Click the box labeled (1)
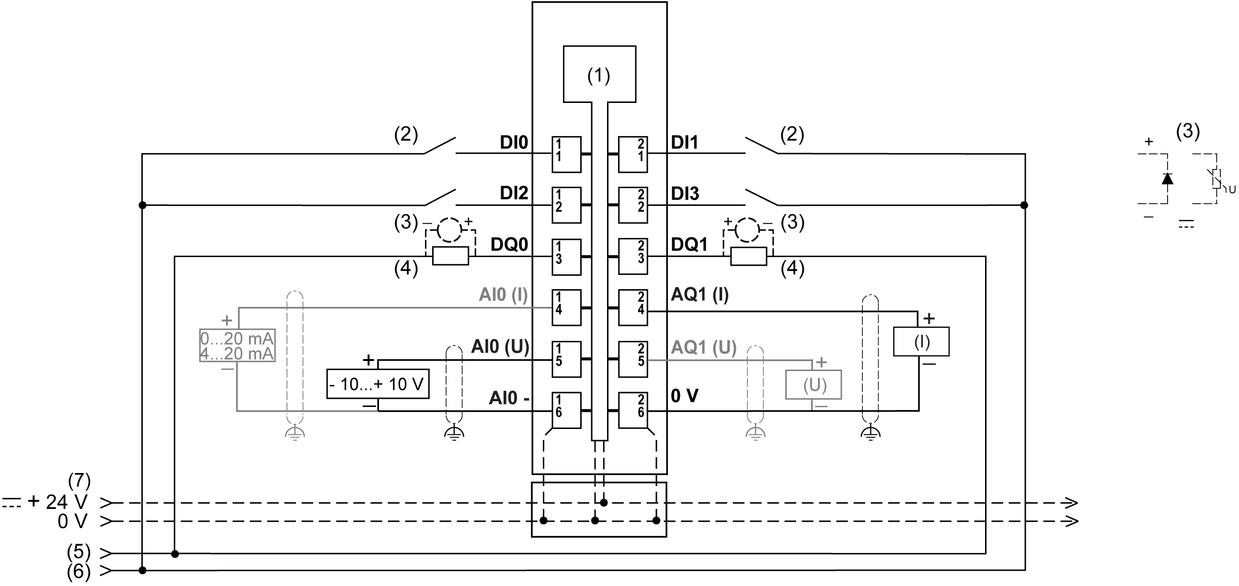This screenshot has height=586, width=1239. [x=599, y=75]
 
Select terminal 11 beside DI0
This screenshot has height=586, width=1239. [x=566, y=154]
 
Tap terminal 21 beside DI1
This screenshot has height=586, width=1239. [x=633, y=154]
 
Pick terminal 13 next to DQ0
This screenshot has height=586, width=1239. [x=566, y=257]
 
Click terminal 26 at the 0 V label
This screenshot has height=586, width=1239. [x=633, y=411]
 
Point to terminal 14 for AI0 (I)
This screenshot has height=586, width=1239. [x=566, y=308]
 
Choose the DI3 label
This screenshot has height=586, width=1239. [x=685, y=194]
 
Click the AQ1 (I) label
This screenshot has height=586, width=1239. [x=700, y=294]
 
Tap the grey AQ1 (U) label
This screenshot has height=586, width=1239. [x=704, y=347]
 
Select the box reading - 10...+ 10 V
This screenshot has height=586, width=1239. [x=378, y=384]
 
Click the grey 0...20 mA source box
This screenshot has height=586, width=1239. [x=237, y=346]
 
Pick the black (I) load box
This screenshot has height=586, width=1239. [x=921, y=342]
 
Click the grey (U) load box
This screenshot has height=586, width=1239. [x=814, y=384]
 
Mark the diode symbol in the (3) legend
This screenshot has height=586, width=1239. [x=1167, y=179]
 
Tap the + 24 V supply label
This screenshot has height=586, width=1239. [x=57, y=502]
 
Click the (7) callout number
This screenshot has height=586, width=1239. [x=80, y=480]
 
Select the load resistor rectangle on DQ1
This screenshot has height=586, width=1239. [x=748, y=257]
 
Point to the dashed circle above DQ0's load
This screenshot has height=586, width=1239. [x=450, y=230]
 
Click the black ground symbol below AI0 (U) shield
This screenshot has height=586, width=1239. [x=454, y=434]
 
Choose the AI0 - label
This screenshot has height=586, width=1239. [x=509, y=398]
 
